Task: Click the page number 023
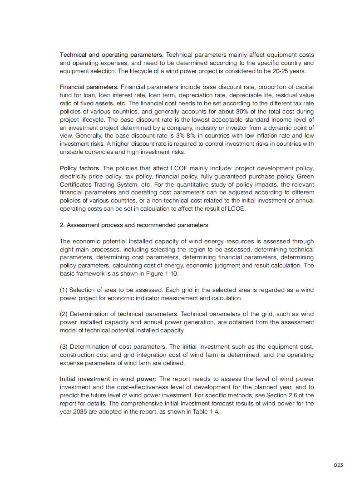tap(338, 465)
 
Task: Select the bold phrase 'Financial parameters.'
tap(89, 87)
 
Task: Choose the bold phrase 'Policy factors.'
tap(80, 168)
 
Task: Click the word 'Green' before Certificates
tap(305, 176)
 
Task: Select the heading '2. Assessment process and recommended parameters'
tap(134, 225)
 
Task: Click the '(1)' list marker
tap(64, 290)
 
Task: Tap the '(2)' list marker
tap(64, 314)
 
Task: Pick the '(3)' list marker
tap(64, 347)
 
